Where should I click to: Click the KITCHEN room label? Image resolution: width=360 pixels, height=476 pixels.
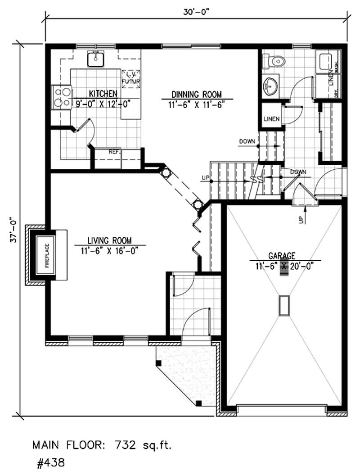[103, 93]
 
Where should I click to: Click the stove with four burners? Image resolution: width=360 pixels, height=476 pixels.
[62, 97]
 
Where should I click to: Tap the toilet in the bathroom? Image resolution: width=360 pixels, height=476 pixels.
[273, 60]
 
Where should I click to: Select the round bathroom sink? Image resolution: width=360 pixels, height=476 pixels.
[270, 86]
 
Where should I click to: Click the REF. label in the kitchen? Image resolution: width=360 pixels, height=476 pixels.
[114, 152]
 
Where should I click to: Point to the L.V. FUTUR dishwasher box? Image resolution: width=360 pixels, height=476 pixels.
[131, 77]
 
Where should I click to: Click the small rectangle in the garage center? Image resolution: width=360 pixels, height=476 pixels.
[284, 305]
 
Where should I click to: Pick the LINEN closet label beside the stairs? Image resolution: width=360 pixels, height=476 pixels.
[272, 119]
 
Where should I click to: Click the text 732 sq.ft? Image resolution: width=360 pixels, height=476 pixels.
[143, 445]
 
